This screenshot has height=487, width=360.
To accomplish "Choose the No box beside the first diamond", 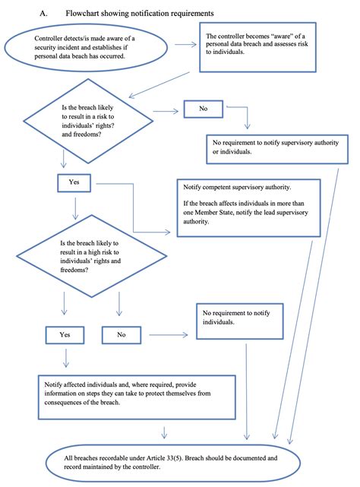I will [204, 109].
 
